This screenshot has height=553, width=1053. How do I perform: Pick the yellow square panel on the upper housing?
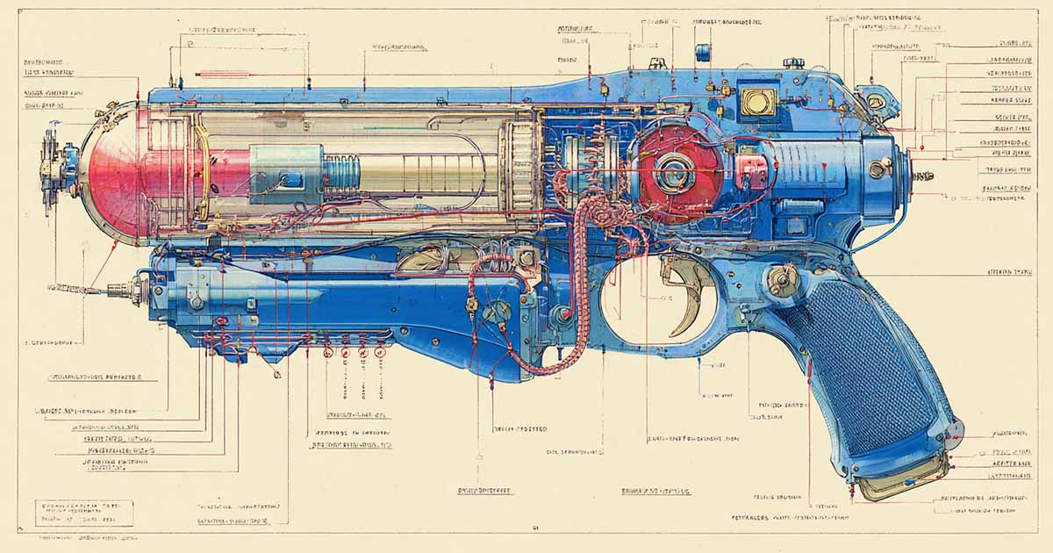pyautogui.click(x=756, y=101)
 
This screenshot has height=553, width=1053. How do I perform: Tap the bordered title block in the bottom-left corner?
pyautogui.click(x=84, y=513)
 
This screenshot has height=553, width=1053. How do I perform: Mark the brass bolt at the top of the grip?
pyautogui.click(x=780, y=280)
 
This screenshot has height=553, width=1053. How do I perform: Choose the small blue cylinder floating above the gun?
pyautogui.click(x=702, y=53)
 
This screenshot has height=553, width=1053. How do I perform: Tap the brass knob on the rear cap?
pyautogui.click(x=877, y=168)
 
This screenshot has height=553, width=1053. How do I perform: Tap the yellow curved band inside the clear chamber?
pyautogui.click(x=201, y=167)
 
